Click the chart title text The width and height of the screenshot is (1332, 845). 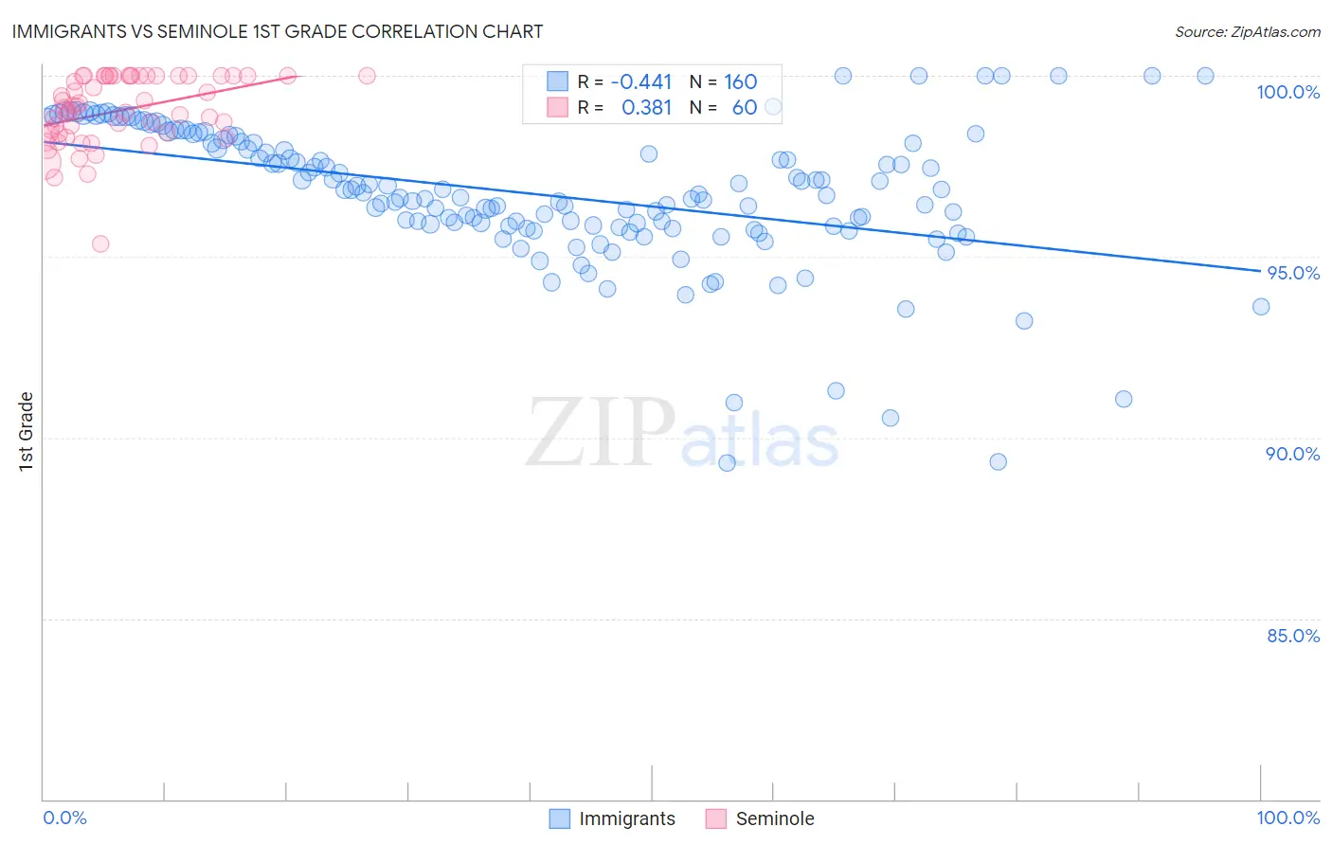278,31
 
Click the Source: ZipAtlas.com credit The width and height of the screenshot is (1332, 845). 1247,31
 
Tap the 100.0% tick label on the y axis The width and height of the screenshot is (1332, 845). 1287,92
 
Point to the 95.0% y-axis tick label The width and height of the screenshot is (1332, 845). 1293,273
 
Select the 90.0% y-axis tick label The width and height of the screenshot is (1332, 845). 1292,454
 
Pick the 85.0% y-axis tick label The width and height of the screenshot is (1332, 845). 1293,636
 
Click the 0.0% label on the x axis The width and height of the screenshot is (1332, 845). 64,818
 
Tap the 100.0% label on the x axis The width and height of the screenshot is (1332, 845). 1287,818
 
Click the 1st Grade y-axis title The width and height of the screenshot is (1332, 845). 27,431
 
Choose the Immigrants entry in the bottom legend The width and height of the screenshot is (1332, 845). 626,818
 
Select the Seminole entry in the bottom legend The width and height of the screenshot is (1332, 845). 774,818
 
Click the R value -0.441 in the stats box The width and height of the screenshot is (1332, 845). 641,82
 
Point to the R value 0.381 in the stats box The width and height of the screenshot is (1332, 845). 646,108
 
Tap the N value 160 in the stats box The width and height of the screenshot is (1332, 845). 741,82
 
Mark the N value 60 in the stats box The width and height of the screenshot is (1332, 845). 745,108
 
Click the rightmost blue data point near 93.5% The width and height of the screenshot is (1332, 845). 1260,306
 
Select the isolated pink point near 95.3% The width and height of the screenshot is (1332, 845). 100,243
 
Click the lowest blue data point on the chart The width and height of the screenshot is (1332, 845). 727,462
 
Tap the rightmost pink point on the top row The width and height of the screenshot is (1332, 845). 367,76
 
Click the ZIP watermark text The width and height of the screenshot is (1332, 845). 601,433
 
